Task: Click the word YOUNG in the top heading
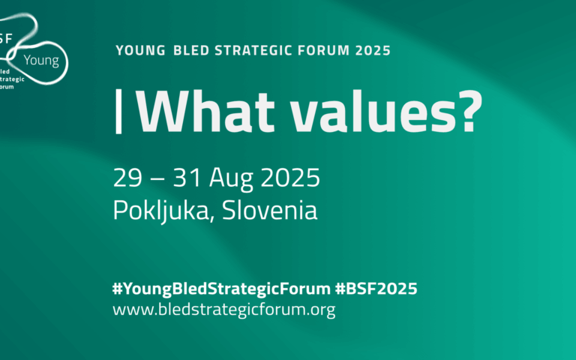tap(139, 51)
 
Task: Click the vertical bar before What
tap(118, 109)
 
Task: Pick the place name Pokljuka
tap(157, 211)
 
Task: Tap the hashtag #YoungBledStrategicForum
tap(220, 289)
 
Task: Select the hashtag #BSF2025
tap(376, 289)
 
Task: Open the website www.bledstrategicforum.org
tap(223, 309)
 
